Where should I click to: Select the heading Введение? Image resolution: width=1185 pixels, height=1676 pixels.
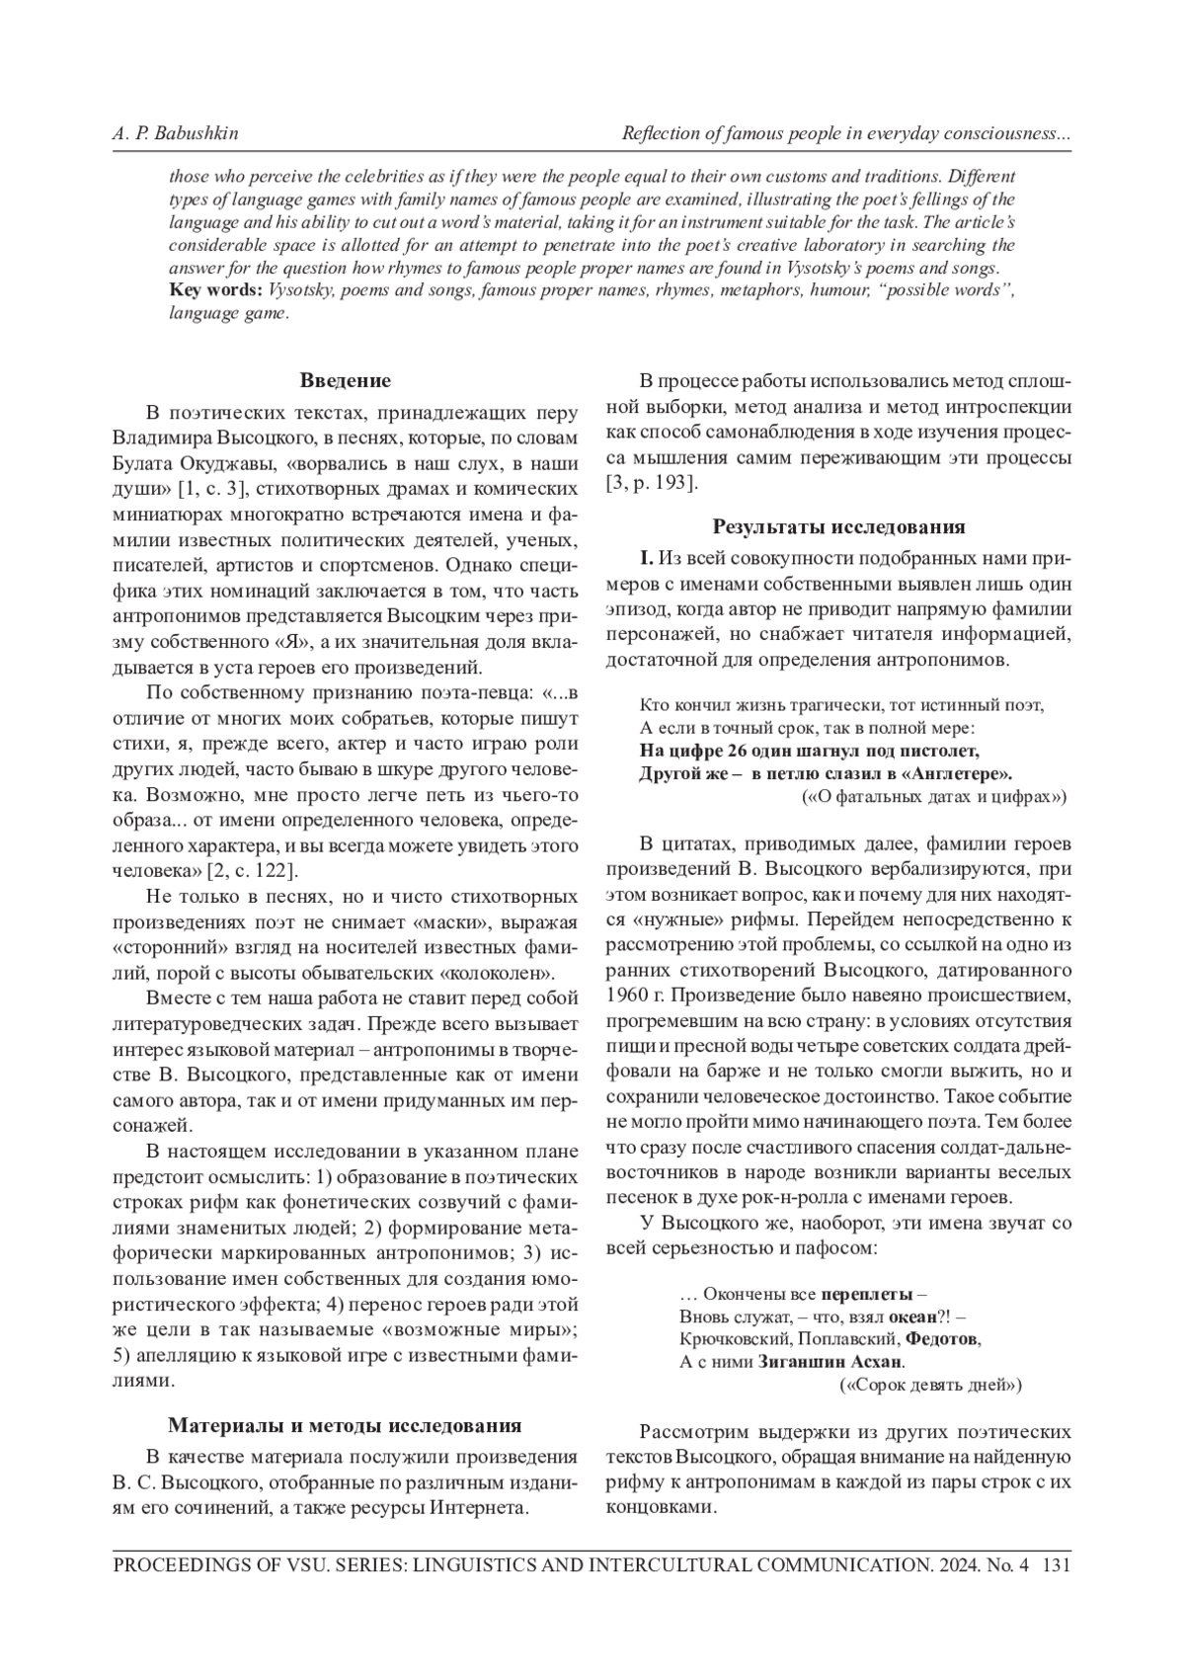(x=345, y=380)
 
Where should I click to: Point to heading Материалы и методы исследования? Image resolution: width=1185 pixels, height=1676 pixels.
(x=345, y=1425)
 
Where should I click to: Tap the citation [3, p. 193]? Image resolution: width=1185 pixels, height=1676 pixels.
(x=653, y=483)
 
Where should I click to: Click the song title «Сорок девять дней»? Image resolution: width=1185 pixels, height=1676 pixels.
(x=929, y=1385)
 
